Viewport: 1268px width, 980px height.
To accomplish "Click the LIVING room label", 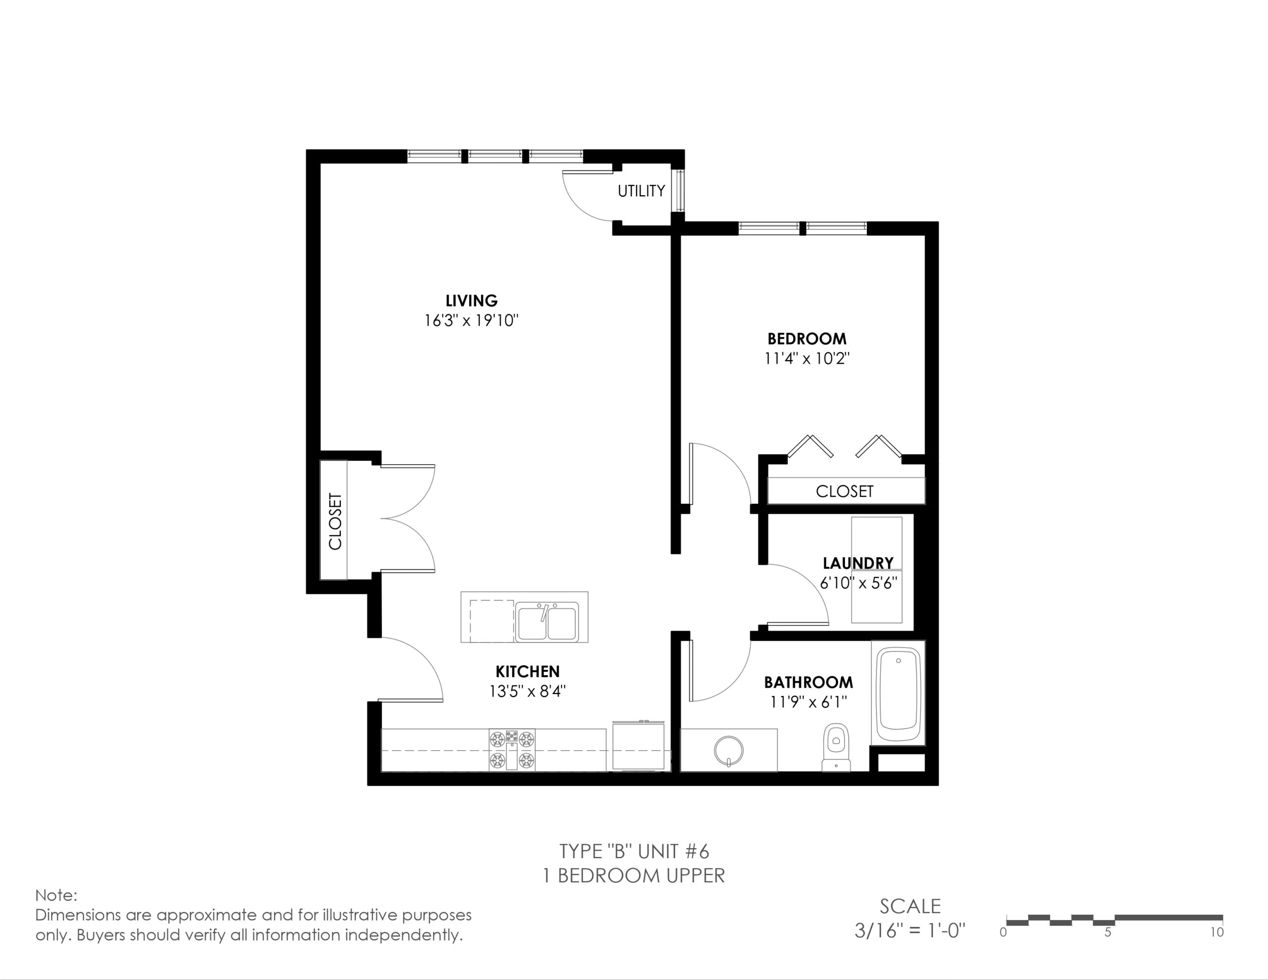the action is pos(472,300).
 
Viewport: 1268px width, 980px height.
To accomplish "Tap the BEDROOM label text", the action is pos(807,339).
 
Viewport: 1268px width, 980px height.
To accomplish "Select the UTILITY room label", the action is pos(641,191).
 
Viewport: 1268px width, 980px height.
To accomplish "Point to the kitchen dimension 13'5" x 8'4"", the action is pos(528,691).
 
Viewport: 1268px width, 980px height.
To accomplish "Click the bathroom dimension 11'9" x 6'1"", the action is pos(809,702).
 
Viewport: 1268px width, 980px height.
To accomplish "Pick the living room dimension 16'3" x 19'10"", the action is pos(472,320).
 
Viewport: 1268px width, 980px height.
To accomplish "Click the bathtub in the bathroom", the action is pos(898,694).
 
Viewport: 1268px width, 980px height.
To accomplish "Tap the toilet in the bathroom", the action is pos(837,748).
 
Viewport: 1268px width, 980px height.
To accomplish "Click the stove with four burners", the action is pos(512,750).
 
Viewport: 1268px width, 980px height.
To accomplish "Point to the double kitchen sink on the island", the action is pos(547,622).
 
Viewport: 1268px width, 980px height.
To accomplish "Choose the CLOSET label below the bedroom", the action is pos(845,491).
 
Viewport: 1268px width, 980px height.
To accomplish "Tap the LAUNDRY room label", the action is pos(858,563).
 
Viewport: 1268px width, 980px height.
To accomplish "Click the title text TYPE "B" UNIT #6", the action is pos(634,852).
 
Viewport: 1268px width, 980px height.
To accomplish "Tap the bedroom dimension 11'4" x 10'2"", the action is pos(807,358).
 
